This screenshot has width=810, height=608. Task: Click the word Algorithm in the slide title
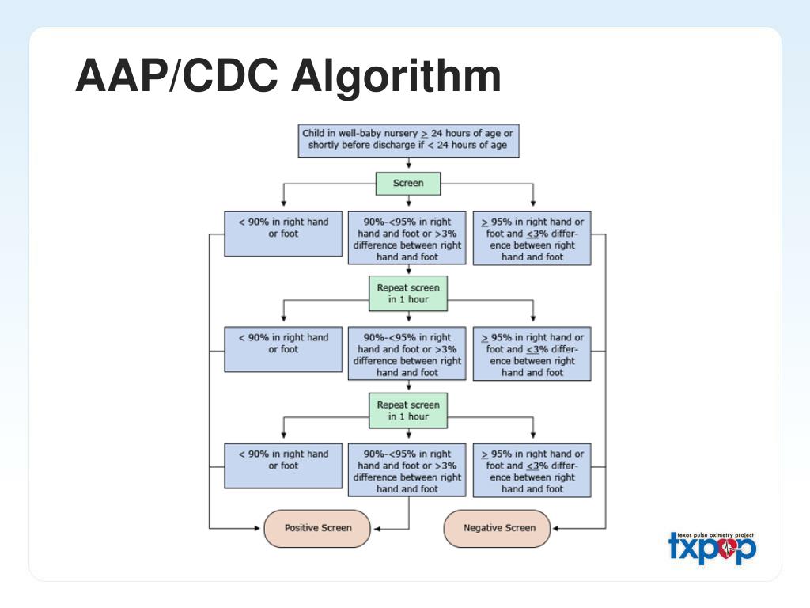coord(396,78)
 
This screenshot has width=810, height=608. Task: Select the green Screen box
coord(408,183)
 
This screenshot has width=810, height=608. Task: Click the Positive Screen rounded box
coord(317,528)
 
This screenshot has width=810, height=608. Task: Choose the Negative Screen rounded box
coord(499,528)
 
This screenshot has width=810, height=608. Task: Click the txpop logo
coord(712,548)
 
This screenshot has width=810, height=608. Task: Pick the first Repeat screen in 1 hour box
coord(408,294)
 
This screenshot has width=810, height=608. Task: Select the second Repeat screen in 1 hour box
coord(408,410)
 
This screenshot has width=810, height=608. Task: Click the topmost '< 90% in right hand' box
coord(283,233)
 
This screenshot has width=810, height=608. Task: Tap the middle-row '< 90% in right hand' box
coord(283,348)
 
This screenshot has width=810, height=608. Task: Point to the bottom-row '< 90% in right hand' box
coord(283,465)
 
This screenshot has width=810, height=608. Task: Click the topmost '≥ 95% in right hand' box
coord(532,238)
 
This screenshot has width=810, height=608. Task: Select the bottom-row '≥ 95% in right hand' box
coord(532,471)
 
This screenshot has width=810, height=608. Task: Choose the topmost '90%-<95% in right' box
coord(407,238)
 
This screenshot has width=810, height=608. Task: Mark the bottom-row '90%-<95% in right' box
coord(407,471)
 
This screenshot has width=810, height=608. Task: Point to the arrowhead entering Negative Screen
coord(557,528)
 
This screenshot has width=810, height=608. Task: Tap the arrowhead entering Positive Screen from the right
coord(377,528)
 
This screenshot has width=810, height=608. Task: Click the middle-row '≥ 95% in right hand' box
coord(532,355)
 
